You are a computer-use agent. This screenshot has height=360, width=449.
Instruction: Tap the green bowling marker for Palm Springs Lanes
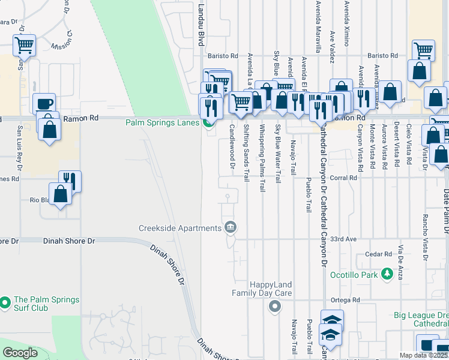tap(208, 124)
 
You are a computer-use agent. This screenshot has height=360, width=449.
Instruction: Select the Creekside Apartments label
tap(180, 228)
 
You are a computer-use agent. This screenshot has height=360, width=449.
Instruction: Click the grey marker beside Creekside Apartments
tap(230, 227)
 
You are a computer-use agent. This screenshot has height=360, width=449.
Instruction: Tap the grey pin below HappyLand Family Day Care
tap(275, 307)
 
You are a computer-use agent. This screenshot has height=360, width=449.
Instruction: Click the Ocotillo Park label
tap(354, 275)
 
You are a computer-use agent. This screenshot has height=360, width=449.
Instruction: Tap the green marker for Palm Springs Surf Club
tap(5, 301)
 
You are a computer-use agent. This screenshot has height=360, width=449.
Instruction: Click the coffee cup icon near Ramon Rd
tap(44, 104)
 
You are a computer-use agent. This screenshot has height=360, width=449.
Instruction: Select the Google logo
tap(20, 353)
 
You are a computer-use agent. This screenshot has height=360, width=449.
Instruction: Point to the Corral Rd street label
tap(344, 178)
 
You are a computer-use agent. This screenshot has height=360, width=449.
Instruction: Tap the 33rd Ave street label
tap(344, 239)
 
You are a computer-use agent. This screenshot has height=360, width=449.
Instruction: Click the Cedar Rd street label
tap(379, 254)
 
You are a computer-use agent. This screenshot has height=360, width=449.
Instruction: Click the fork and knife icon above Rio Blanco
tap(70, 181)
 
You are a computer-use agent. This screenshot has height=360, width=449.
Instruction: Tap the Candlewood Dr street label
tap(232, 146)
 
